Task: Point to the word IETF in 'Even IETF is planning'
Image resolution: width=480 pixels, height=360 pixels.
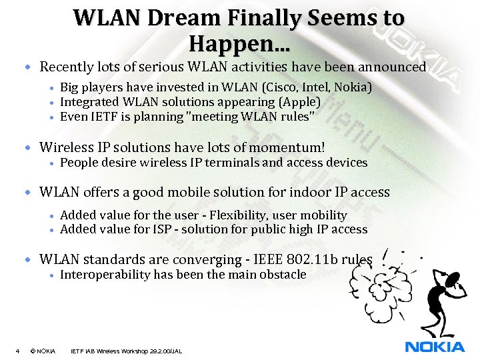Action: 105,117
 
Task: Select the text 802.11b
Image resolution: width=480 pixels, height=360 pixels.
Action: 309,259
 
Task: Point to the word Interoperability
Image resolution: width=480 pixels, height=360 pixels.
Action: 105,275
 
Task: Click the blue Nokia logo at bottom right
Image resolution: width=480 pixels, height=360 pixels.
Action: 435,347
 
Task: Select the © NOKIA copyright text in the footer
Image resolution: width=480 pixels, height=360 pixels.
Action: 43,351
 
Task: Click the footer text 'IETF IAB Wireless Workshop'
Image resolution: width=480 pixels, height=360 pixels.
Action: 113,351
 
